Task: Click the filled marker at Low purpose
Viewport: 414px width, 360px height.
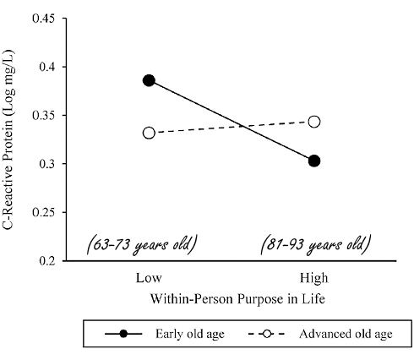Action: click(149, 80)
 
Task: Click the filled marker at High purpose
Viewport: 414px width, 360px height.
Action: click(314, 161)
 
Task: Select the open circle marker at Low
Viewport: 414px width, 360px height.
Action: click(149, 133)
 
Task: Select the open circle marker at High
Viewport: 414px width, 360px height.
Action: click(314, 122)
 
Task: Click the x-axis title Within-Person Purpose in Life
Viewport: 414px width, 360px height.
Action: click(231, 298)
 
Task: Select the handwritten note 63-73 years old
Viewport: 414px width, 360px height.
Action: click(143, 245)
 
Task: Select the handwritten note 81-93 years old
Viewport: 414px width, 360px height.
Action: click(315, 245)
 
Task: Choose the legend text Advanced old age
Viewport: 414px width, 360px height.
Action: click(346, 334)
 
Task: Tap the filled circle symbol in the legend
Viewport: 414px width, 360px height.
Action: click(125, 334)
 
